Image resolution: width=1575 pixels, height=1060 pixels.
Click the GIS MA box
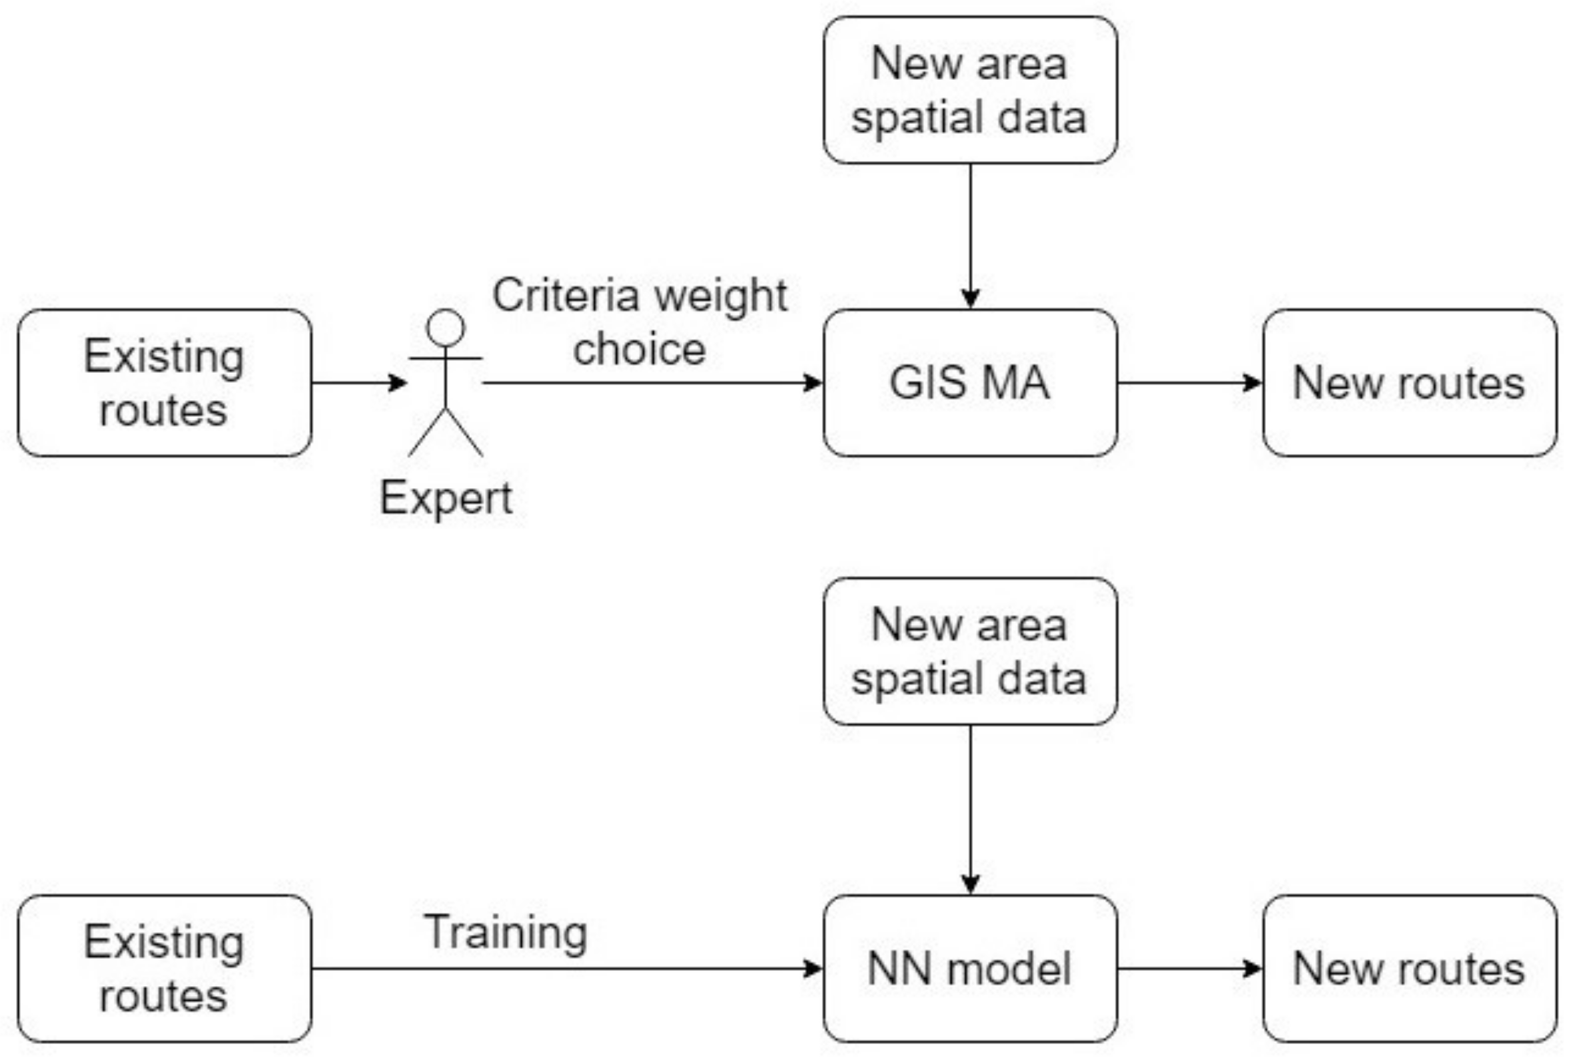point(969,383)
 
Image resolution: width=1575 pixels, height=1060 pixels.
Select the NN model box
point(969,969)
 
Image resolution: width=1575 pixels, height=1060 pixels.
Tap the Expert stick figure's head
point(445,328)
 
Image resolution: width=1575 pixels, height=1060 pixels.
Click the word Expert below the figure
point(445,498)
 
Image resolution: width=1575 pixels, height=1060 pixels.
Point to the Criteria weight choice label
point(639,322)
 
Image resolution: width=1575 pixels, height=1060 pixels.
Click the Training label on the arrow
point(505,932)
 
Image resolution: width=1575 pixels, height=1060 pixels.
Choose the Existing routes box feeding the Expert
point(165,383)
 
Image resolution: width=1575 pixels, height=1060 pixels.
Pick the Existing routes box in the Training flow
point(165,969)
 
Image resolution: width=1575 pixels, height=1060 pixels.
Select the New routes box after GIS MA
point(1409,383)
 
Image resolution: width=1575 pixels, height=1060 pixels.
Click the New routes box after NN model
point(1409,969)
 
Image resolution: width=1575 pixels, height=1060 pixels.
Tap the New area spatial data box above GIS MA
point(969,90)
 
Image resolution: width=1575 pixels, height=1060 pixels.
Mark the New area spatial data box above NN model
point(969,651)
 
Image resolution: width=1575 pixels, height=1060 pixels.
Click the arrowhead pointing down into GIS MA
point(970,298)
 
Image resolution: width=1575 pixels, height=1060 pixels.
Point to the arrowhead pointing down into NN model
point(970,884)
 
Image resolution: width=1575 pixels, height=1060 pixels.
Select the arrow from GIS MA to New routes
point(1189,383)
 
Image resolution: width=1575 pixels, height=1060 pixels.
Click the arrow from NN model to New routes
point(1189,969)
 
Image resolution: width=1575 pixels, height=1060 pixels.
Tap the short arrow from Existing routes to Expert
point(358,383)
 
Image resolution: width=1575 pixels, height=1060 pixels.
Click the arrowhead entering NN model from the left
point(812,969)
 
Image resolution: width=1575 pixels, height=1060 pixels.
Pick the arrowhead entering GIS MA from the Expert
point(812,383)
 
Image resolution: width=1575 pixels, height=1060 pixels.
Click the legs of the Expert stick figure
point(445,433)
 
